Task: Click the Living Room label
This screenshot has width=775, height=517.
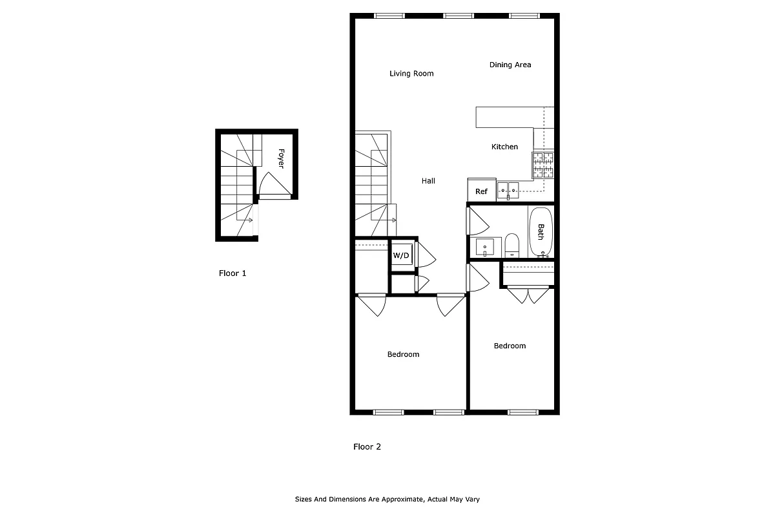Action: point(411,74)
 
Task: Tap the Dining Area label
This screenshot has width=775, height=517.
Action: point(510,65)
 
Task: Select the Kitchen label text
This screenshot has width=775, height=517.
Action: point(504,147)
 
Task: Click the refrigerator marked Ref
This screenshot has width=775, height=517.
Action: point(481,191)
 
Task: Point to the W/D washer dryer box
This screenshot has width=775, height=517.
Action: point(401,255)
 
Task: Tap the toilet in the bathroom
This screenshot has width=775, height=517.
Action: point(512,245)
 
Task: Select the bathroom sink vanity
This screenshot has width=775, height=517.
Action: point(484,247)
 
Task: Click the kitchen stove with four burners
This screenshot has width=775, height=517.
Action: point(543,165)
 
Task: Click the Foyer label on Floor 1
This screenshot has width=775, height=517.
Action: point(281,158)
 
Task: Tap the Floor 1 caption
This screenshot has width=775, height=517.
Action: point(232,273)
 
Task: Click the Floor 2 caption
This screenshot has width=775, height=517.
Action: point(367,447)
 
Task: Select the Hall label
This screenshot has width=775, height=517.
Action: point(428,181)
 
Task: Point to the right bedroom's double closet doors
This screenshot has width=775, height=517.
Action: point(528,296)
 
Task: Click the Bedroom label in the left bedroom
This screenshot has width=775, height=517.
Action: point(403,354)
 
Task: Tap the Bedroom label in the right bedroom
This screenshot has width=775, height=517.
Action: point(510,346)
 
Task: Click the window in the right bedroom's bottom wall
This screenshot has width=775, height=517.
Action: point(523,412)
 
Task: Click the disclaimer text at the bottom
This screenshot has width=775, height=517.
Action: point(387,500)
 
